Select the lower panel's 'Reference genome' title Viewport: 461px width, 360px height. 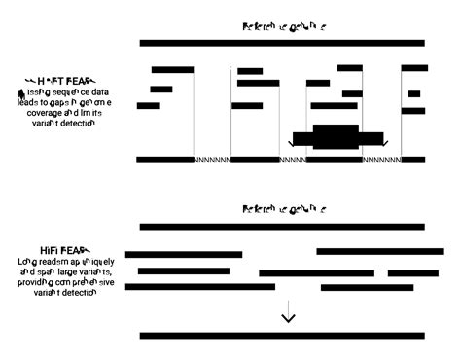[284, 210]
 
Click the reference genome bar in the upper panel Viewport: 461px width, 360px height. [282, 43]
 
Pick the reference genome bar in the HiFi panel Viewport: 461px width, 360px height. [282, 227]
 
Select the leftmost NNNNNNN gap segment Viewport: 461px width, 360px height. [212, 160]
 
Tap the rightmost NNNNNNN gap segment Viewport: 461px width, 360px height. [381, 160]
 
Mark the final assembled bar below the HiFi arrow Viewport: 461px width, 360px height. [282, 336]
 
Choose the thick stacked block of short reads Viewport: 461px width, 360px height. [337, 136]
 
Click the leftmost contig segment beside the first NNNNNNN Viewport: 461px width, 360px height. [165, 160]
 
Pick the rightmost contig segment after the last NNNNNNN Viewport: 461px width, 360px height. [414, 160]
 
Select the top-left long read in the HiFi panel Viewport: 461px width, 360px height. [184, 254]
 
